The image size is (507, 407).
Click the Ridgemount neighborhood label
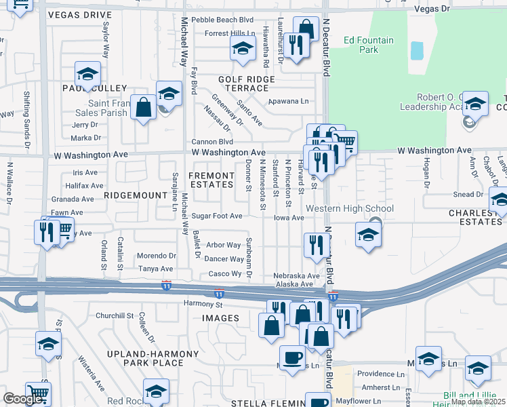(x=136, y=195)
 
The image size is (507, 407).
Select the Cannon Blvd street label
(x=212, y=142)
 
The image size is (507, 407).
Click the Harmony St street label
(x=205, y=304)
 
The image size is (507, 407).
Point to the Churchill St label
(x=115, y=315)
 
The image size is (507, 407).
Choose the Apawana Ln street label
(x=288, y=100)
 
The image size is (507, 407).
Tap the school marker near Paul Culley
(x=87, y=74)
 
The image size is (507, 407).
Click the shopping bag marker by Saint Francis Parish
(x=144, y=107)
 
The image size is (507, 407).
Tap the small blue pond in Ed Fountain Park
(x=416, y=50)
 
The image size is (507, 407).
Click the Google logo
(x=22, y=399)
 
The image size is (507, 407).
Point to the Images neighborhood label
(x=220, y=318)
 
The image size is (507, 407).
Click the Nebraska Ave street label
(x=296, y=276)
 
